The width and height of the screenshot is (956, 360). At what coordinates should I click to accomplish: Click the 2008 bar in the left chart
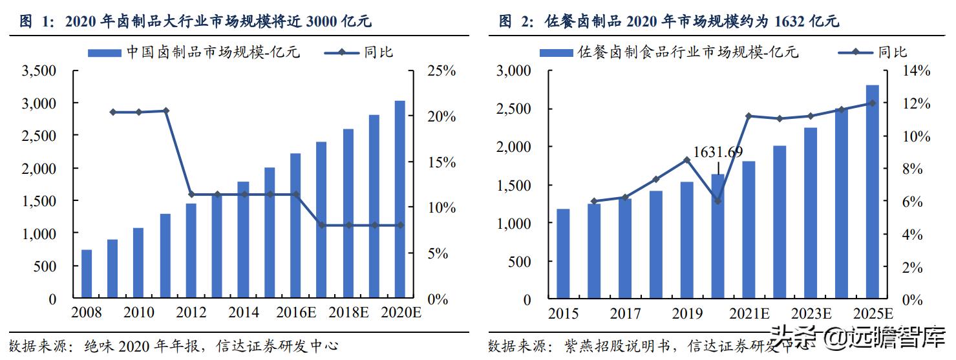coord(87,274)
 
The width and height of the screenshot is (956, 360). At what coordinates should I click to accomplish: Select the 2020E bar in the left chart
coord(400,200)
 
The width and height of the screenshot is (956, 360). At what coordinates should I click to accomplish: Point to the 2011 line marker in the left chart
coord(165,111)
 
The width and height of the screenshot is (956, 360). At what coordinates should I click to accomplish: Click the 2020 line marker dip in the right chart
coord(717,201)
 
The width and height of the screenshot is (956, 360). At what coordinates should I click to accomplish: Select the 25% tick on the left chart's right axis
coord(441,71)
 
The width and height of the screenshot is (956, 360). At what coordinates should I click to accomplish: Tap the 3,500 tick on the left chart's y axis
coord(39,71)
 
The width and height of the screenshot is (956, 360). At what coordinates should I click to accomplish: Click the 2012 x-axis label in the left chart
coord(191,313)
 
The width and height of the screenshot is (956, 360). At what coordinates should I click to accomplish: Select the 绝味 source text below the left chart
coord(96,345)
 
